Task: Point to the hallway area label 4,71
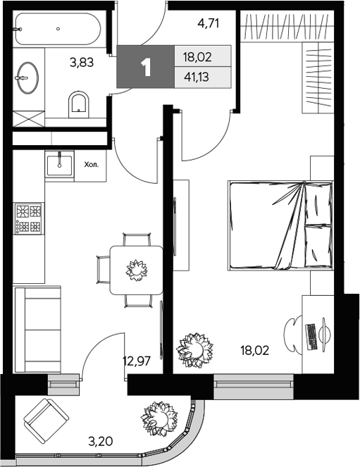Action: click(x=208, y=23)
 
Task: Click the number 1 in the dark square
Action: click(x=146, y=68)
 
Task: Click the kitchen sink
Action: click(x=60, y=166)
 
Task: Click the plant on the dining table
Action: click(x=135, y=269)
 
